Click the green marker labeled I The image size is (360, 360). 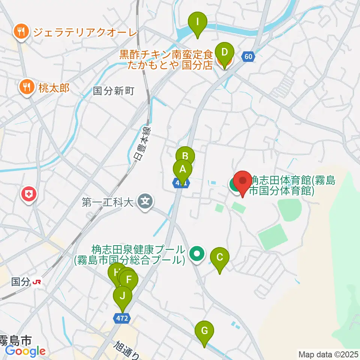pyautogui.click(x=198, y=23)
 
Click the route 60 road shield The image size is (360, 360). pyautogui.click(x=248, y=57)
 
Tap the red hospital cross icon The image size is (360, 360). pyautogui.click(x=29, y=194)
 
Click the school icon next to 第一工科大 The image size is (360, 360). pyautogui.click(x=145, y=202)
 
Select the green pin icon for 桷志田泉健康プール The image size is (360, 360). pyautogui.click(x=197, y=254)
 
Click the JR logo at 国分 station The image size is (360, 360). pyautogui.click(x=37, y=282)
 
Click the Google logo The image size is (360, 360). pyautogui.click(x=25, y=351)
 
